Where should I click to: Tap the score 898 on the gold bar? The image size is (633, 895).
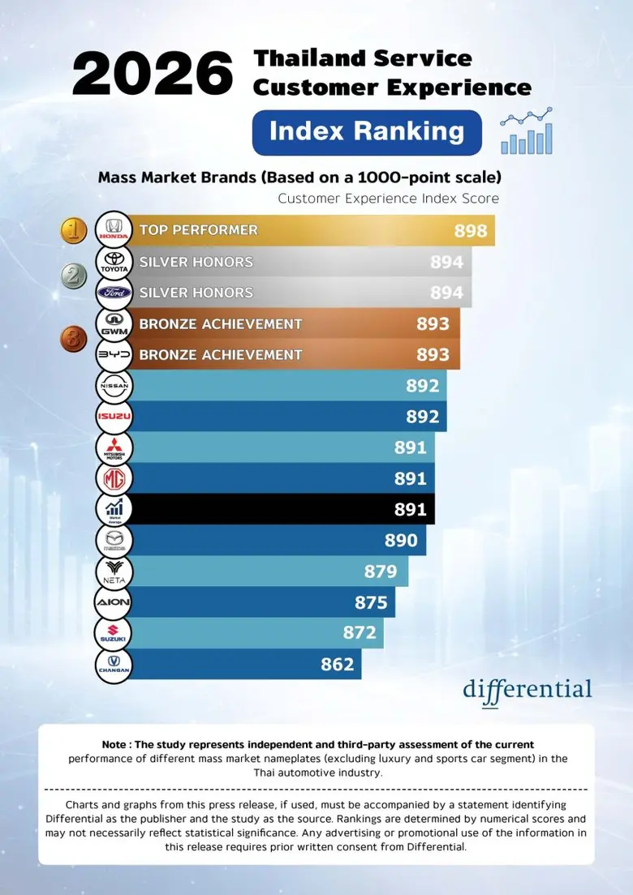[x=471, y=231]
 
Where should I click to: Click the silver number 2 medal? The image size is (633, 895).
[x=75, y=277]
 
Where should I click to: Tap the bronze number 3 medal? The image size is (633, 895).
[x=75, y=339]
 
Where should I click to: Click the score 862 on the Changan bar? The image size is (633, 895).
[x=338, y=665]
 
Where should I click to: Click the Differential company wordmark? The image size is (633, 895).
[x=527, y=690]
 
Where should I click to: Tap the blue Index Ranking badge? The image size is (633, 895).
[x=367, y=132]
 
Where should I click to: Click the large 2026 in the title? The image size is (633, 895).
[x=153, y=75]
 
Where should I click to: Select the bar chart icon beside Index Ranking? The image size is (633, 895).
[x=527, y=131]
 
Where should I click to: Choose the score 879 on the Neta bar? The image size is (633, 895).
[x=381, y=572]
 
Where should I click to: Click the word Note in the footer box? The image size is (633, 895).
[x=114, y=744]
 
